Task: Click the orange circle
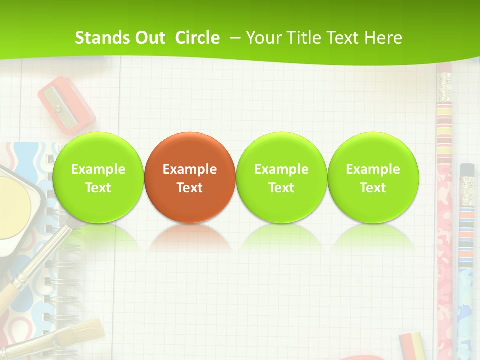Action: click(190, 177)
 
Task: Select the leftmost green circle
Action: click(98, 177)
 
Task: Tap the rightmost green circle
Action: click(373, 177)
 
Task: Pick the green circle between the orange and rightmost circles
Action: click(281, 177)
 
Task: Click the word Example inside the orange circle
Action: click(190, 169)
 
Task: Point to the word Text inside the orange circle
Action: click(190, 188)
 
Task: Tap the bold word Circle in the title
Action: click(197, 38)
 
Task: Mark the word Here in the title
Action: click(383, 38)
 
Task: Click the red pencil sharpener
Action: click(66, 104)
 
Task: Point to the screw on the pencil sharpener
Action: click(58, 108)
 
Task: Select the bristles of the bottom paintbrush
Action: click(88, 332)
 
